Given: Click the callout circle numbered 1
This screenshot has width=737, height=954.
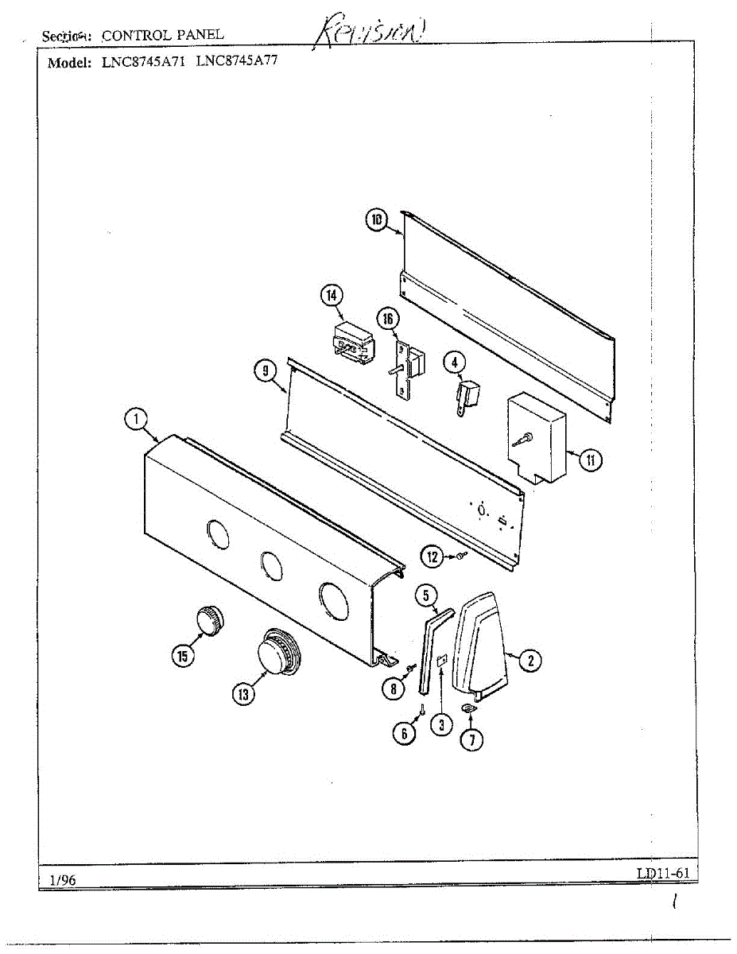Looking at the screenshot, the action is pyautogui.click(x=137, y=419).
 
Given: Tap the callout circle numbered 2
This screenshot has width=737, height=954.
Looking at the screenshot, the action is pyautogui.click(x=530, y=659).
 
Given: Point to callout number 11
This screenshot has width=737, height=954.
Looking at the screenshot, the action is pyautogui.click(x=590, y=460).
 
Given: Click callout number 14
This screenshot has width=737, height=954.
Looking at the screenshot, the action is pyautogui.click(x=331, y=296).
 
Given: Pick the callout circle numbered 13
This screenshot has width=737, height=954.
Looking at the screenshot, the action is pyautogui.click(x=243, y=694).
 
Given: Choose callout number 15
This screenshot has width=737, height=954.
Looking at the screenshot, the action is pyautogui.click(x=184, y=655).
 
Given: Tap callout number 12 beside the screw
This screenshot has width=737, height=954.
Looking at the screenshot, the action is pyautogui.click(x=433, y=557).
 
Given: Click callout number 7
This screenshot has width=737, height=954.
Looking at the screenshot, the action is pyautogui.click(x=471, y=740).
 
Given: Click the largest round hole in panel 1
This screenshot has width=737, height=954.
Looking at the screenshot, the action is pyautogui.click(x=336, y=601).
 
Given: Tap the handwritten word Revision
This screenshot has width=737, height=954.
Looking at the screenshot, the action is pyautogui.click(x=373, y=33).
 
